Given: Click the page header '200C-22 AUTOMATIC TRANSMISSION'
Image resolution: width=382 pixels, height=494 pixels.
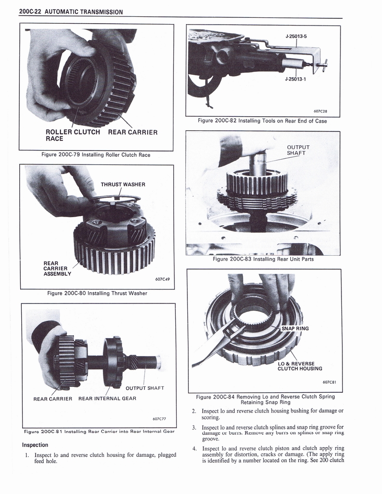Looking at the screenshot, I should pos(71,12).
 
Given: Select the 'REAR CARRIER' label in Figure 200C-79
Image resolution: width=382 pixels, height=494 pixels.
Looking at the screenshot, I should pos(133,132).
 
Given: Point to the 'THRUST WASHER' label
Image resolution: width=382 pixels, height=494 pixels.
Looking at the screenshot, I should pos(123,184).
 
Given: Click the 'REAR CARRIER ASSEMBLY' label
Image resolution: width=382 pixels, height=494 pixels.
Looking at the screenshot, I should pos(57,269).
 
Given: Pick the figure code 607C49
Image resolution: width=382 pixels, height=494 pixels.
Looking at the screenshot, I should pos(162,278).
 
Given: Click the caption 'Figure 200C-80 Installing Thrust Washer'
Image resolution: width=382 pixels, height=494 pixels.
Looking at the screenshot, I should pos(97,293).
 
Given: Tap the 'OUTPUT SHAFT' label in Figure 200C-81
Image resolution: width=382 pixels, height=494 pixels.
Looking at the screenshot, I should pos(145,388).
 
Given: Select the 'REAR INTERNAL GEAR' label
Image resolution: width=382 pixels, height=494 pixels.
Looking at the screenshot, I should pos(107,398).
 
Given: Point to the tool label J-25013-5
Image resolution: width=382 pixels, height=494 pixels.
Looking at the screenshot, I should pos(296,36).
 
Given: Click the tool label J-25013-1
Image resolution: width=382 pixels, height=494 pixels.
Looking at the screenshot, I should pos(296,79).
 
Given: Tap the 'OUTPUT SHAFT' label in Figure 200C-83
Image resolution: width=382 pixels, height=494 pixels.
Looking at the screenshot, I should pos(298,151).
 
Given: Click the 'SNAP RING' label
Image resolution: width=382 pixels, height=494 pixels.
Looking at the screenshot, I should pos(296,329).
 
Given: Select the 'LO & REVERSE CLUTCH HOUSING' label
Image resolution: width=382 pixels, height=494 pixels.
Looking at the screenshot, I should pos(299,366).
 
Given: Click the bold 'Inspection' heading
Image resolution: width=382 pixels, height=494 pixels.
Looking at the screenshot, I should pos(35,445).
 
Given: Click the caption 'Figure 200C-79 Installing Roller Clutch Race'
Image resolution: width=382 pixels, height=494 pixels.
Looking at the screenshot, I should pos(96,155).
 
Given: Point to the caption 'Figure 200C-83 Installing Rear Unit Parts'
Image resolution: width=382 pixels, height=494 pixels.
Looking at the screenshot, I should pos(263,259).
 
